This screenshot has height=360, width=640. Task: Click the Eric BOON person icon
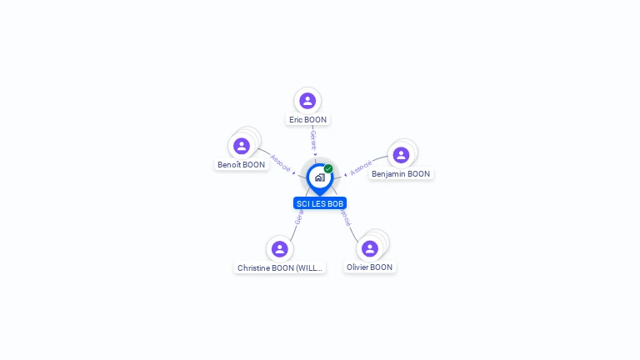tap(307, 101)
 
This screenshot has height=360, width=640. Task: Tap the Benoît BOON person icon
tap(242, 146)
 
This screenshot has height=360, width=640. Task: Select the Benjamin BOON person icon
tap(401, 155)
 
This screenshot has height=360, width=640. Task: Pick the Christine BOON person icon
tap(280, 249)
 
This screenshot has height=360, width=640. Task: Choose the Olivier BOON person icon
tap(370, 248)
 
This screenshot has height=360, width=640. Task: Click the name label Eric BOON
tap(307, 120)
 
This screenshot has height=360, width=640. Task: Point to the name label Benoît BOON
tap(241, 165)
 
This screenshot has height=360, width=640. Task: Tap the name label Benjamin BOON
tap(401, 174)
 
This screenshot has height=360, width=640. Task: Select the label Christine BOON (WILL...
tap(279, 268)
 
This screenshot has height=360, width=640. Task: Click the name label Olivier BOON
tap(369, 267)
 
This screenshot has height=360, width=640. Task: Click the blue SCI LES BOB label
tap(320, 203)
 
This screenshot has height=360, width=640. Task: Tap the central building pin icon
tap(319, 177)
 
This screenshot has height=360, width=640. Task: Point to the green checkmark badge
tap(328, 168)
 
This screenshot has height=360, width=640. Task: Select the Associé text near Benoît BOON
tap(281, 162)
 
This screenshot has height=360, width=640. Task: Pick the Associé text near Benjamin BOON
tap(361, 168)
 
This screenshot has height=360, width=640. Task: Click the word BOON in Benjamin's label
tap(419, 174)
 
